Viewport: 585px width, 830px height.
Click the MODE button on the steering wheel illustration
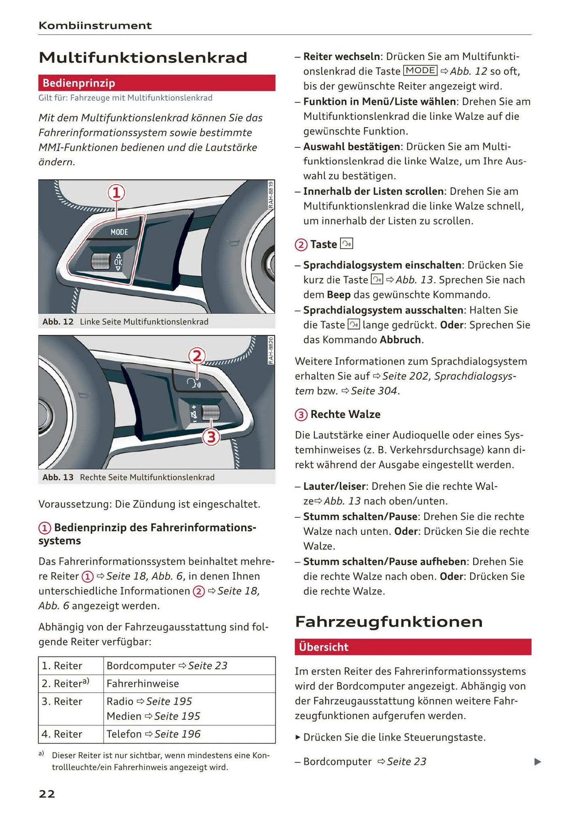(x=119, y=232)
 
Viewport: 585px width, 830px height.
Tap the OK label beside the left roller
(x=118, y=262)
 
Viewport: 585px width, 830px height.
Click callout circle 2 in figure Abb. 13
(x=197, y=356)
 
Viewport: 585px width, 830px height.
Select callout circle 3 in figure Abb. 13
(x=211, y=437)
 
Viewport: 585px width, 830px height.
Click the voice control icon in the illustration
(x=193, y=383)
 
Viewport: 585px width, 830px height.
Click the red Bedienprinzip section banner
(x=157, y=83)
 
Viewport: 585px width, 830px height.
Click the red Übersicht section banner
(x=413, y=647)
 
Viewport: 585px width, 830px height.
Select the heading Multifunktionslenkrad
(x=143, y=57)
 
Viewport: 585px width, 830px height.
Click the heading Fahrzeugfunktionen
(x=389, y=621)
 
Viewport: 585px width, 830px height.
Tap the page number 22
(x=47, y=794)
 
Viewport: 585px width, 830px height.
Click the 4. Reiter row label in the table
(x=62, y=734)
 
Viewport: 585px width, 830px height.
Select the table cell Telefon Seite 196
(x=153, y=734)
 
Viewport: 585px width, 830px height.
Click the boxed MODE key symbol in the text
(x=420, y=70)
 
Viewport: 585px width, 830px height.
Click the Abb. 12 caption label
(x=58, y=322)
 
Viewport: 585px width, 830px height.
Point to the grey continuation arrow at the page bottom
(x=537, y=762)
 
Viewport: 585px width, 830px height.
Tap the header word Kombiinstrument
(x=95, y=26)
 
